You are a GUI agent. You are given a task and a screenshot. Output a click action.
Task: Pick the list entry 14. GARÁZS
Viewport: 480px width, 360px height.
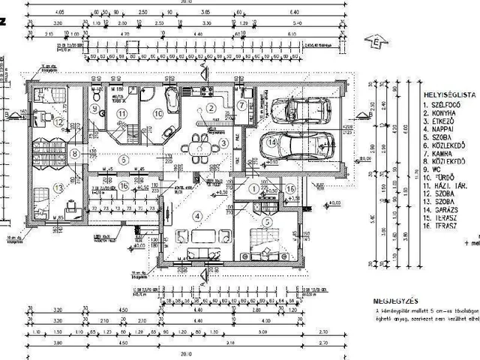point(445,212)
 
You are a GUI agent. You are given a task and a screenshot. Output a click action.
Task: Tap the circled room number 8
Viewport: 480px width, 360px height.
point(74,154)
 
